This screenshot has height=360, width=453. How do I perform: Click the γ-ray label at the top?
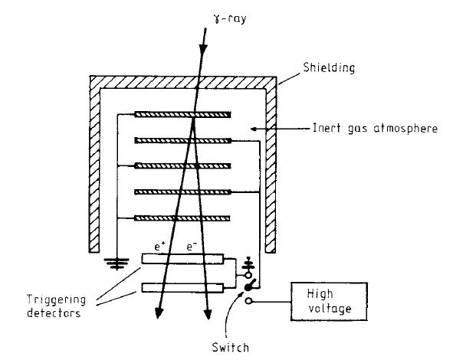point(230,18)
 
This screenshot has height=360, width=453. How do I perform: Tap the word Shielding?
point(329,68)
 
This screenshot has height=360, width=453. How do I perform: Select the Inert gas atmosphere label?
point(375,128)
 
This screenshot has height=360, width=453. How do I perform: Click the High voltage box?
point(329,301)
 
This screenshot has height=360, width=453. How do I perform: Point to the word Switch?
point(230,347)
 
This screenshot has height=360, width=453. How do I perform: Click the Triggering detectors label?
point(56,306)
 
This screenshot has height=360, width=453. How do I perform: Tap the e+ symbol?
point(159,247)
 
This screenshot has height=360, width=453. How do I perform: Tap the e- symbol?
point(192,247)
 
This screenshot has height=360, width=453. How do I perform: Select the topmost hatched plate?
point(182,115)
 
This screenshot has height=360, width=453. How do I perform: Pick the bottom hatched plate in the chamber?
point(182,218)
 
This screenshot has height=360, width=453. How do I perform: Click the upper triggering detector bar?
point(182,259)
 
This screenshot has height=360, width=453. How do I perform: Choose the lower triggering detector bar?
point(182,288)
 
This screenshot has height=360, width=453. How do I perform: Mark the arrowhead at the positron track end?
point(159,313)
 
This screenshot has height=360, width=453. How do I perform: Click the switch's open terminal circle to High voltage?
point(248,301)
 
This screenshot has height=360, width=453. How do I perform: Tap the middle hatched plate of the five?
point(182,166)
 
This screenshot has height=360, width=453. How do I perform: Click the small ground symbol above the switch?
point(248,263)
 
